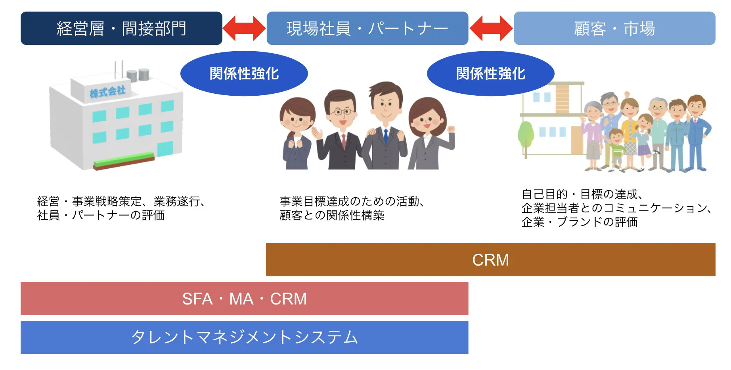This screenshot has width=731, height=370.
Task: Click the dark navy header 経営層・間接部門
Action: pos(121,28)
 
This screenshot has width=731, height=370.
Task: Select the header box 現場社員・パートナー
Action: pos(367,28)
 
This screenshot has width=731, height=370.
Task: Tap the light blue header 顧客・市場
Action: pos(614,28)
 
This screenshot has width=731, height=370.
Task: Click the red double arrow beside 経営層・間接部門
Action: pos(244,28)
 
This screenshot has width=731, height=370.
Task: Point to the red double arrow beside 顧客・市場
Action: pos(491,28)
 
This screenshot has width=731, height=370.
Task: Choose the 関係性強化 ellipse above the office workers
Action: pos(244,73)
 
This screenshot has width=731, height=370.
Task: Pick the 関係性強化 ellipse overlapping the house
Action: pos(491,73)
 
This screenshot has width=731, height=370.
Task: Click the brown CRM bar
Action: pos(491,260)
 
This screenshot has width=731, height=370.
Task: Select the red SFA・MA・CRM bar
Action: pos(245,299)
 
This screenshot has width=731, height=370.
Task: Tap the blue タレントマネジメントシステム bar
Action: pos(245,337)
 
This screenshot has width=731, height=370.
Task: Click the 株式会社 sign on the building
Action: pos(107,92)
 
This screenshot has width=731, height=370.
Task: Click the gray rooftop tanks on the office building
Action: pos(138,75)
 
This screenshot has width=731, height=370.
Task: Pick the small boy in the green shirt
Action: pos(616,148)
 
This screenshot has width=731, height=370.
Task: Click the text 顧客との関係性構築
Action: pos(332,215)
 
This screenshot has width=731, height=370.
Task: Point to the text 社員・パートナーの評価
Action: pos(101,215)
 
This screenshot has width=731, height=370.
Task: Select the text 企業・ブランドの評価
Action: pos(580,222)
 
